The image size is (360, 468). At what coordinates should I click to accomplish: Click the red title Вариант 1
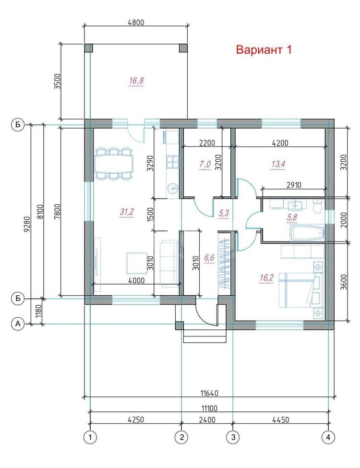click(264, 49)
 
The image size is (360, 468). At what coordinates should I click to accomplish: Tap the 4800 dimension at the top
click(136, 23)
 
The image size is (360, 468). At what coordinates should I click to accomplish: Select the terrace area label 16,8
click(136, 81)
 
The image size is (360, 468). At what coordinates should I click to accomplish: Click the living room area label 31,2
click(127, 212)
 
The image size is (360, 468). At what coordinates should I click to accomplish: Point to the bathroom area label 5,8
click(292, 217)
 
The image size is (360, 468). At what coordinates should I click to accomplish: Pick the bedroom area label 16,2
click(266, 278)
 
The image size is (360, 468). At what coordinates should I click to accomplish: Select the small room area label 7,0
click(205, 164)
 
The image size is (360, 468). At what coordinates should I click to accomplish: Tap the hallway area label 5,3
click(224, 213)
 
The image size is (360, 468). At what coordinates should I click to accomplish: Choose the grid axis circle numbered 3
click(233, 437)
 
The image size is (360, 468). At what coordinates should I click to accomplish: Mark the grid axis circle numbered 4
click(328, 437)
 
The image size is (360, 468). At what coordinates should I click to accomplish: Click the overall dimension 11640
click(209, 393)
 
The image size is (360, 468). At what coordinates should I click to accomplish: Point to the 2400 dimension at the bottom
click(207, 420)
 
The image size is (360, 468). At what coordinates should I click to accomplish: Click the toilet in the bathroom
click(317, 205)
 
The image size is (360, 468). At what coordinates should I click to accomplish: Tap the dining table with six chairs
click(113, 164)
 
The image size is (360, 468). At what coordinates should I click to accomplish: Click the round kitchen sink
click(173, 189)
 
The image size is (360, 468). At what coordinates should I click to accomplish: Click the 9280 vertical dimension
click(27, 224)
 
